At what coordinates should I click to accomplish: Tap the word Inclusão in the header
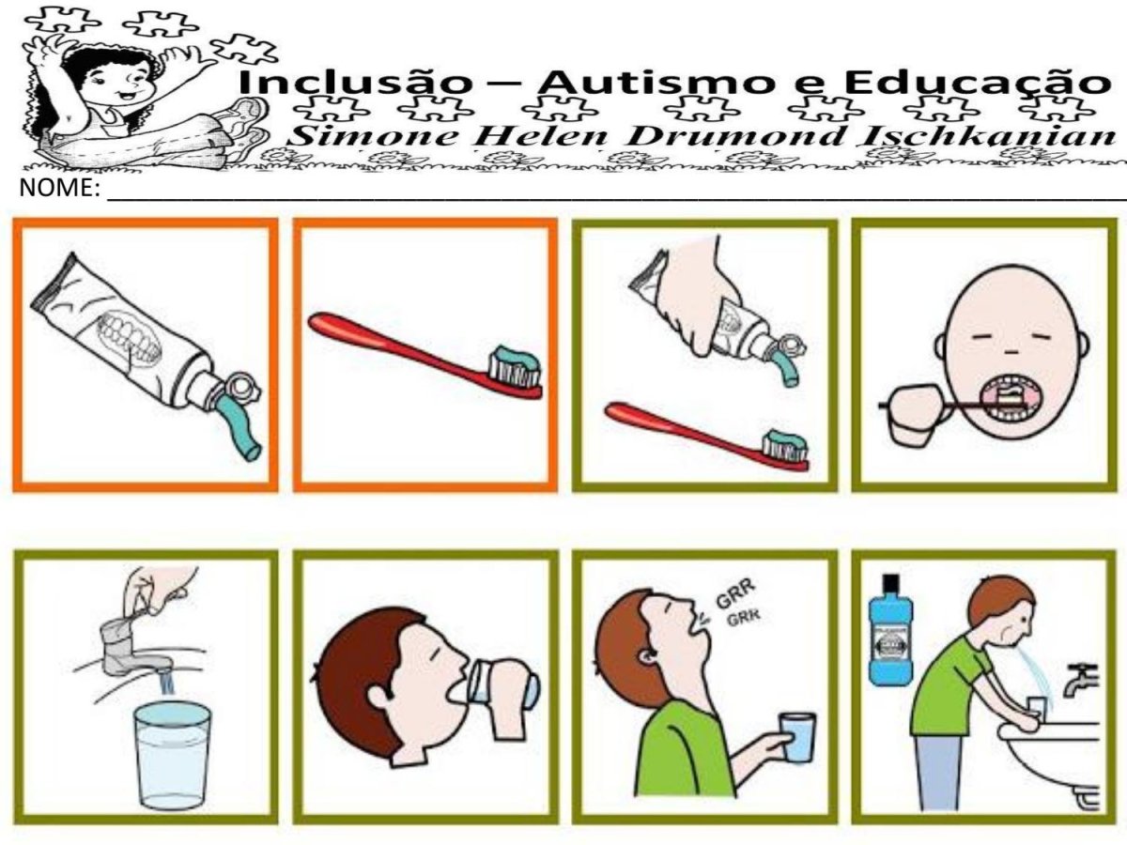[x=355, y=82]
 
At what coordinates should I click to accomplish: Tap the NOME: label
[x=59, y=188]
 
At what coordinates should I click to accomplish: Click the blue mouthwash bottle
[x=890, y=630]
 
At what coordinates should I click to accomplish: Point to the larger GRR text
[x=735, y=593]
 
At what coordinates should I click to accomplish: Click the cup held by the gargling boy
[x=796, y=737]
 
